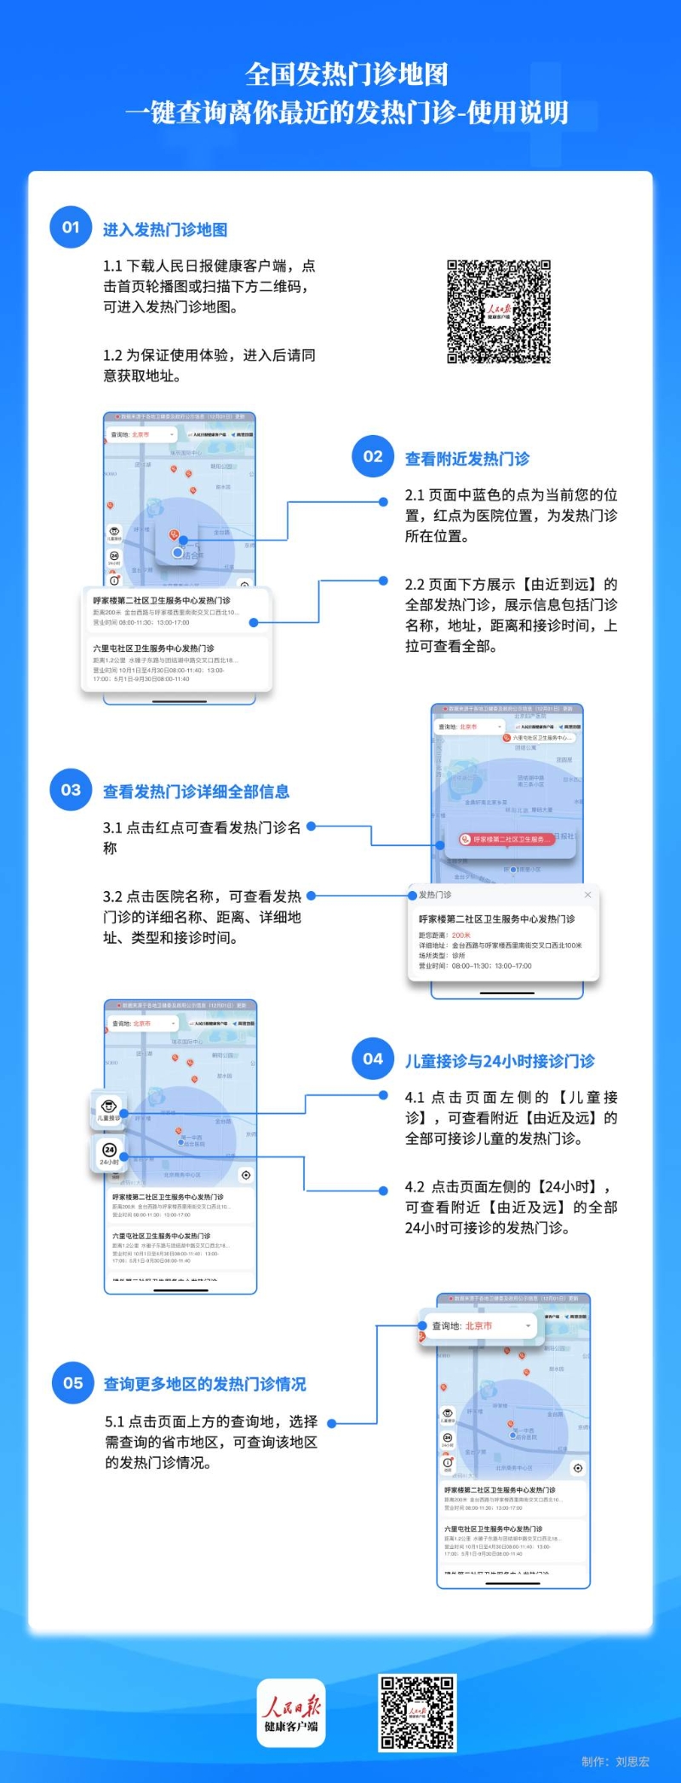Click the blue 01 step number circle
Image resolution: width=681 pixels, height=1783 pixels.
(x=71, y=227)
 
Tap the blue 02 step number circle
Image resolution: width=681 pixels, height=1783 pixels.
(x=373, y=456)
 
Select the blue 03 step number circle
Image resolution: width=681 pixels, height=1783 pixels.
(x=71, y=790)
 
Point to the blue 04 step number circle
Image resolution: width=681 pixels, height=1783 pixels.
(x=373, y=1059)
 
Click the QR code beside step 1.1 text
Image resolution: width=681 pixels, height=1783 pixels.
(x=499, y=311)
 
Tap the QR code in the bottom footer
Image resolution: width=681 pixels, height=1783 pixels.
(x=417, y=1712)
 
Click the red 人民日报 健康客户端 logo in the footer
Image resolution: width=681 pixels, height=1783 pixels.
(x=291, y=1713)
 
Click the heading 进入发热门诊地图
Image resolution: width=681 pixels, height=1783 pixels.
(x=165, y=230)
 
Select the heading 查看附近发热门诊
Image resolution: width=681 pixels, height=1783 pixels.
(x=467, y=459)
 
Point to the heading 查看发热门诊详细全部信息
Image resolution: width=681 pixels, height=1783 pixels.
(x=197, y=792)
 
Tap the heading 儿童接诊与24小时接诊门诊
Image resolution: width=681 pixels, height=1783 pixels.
(x=500, y=1061)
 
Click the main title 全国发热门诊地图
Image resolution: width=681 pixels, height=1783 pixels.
(x=346, y=75)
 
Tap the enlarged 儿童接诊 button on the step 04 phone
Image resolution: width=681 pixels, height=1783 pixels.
(x=109, y=1111)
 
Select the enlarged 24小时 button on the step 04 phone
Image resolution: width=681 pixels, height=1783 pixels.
(x=109, y=1154)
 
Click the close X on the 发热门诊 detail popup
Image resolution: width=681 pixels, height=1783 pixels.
(x=587, y=894)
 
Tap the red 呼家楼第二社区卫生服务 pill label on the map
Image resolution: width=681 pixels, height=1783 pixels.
(x=503, y=839)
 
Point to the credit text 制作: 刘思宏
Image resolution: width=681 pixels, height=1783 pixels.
(x=615, y=1762)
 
